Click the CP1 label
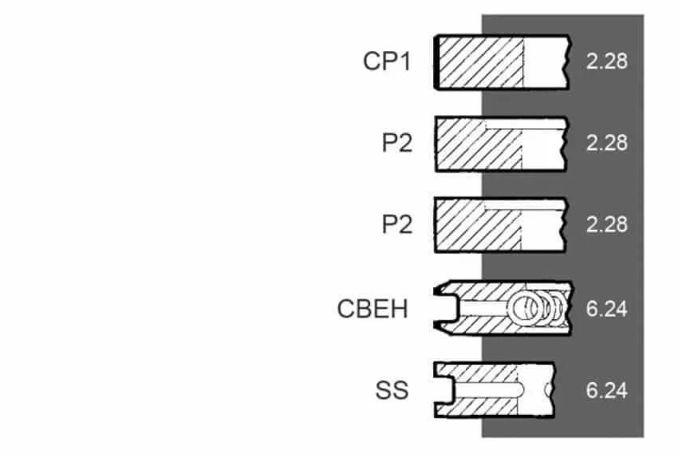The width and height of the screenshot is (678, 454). click(387, 61)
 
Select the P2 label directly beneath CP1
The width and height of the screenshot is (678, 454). click(397, 143)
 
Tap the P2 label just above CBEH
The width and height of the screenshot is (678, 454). click(397, 224)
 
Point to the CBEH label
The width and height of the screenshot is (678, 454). click(373, 309)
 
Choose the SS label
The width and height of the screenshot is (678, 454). click(392, 390)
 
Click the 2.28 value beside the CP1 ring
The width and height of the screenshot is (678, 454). click(607, 61)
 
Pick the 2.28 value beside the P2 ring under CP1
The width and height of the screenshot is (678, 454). click(607, 143)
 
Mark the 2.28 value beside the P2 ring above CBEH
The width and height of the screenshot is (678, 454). click(607, 224)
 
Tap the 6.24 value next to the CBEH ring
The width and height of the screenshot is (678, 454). click(607, 309)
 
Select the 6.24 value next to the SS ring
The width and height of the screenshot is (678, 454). click(607, 390)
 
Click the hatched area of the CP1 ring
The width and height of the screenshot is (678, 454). click(481, 62)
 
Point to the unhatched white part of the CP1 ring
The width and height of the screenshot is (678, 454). click(545, 62)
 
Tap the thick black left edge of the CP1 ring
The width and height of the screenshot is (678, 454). click(437, 62)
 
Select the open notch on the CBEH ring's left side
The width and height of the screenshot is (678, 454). click(445, 309)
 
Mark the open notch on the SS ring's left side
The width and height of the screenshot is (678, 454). click(443, 390)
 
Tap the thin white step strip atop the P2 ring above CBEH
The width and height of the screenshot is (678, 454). click(524, 205)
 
